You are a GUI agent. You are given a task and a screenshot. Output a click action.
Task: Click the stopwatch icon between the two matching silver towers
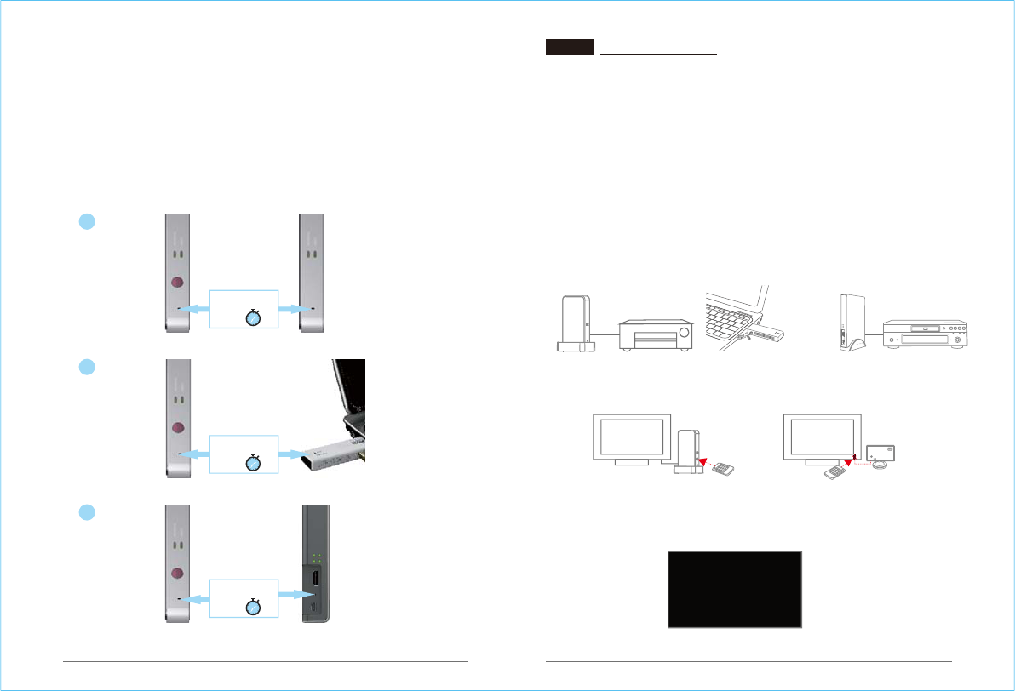pyautogui.click(x=254, y=318)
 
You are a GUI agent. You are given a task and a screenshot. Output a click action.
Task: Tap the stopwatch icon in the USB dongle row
pyautogui.click(x=254, y=463)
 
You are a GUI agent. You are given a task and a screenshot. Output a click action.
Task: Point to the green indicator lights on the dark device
pyautogui.click(x=316, y=558)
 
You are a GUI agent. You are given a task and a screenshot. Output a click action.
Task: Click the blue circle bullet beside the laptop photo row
pyautogui.click(x=85, y=367)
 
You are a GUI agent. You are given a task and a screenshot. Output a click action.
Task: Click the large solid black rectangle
pyautogui.click(x=735, y=589)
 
